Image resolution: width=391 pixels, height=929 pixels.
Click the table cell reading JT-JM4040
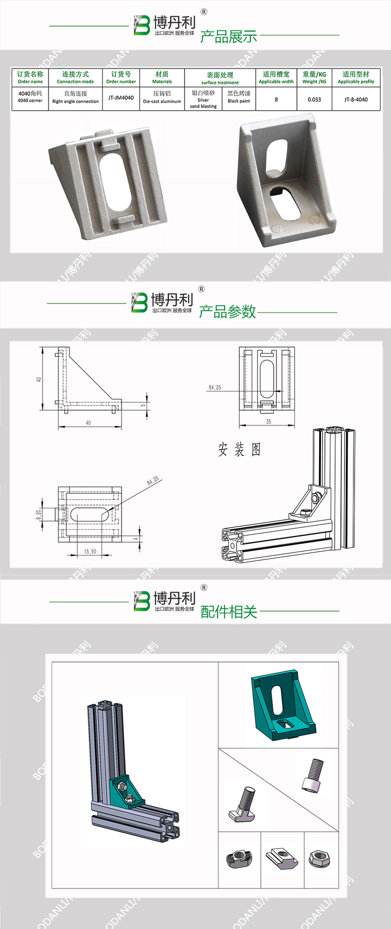click(121, 98)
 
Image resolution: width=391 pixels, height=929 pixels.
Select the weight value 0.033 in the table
click(314, 99)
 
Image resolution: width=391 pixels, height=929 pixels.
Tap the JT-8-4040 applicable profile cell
click(356, 99)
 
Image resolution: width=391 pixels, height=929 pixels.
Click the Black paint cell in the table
click(239, 97)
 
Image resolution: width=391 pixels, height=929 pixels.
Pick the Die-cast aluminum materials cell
click(162, 97)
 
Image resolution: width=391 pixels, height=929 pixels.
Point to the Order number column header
click(121, 78)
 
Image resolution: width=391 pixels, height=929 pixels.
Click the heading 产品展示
click(228, 36)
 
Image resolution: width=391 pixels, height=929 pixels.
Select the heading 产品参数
click(227, 311)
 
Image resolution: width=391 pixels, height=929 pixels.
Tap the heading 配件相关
click(229, 612)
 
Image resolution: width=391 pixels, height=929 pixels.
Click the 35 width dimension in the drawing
click(268, 422)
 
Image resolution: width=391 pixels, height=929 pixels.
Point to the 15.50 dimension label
click(90, 551)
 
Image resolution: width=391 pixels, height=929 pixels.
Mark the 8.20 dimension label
click(39, 514)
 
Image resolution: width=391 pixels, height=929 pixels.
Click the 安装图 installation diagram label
click(239, 449)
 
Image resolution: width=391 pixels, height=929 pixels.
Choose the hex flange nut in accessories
click(317, 857)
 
